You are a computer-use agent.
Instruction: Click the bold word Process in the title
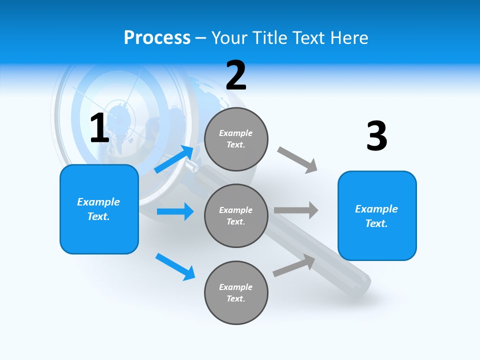157,38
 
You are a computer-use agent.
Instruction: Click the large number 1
99,128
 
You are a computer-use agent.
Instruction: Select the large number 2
236,75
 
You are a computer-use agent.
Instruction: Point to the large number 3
376,136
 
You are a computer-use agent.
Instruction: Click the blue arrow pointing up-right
174,159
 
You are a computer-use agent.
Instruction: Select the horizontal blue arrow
175,211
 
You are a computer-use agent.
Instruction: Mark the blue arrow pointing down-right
175,266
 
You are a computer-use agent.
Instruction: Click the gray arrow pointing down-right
297,159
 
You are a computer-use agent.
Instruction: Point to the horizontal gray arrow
296,210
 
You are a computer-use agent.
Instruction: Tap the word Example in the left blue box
98,202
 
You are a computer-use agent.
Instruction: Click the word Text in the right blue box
375,223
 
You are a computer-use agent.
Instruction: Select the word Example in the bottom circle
236,287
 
